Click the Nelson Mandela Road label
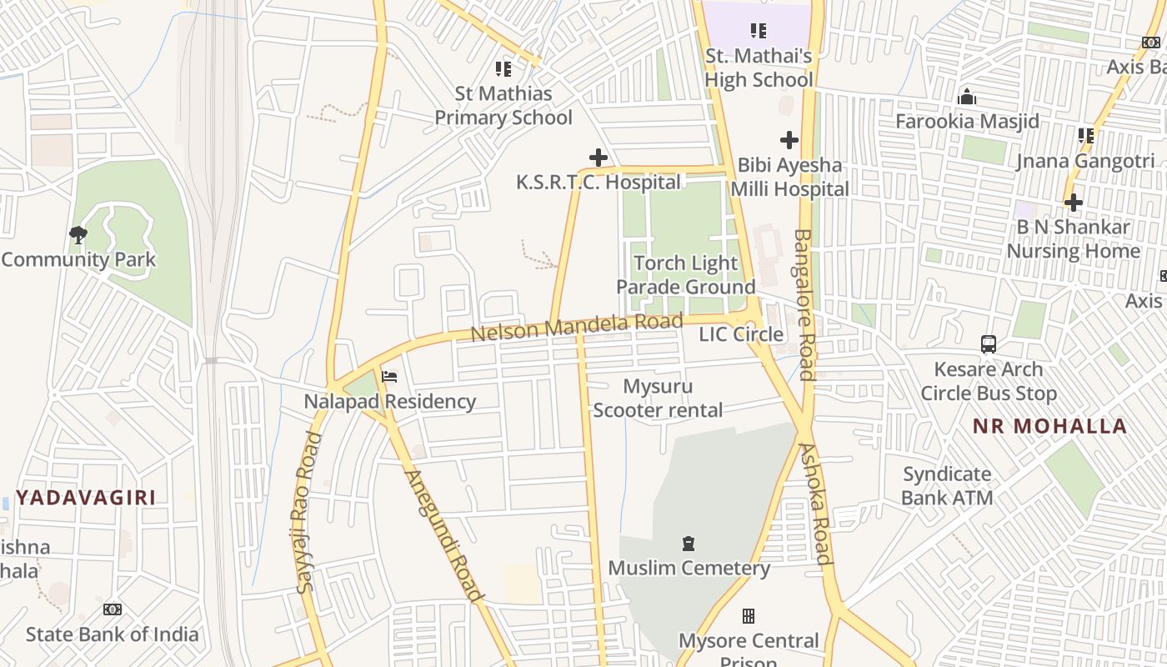(577, 327)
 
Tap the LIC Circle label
(741, 334)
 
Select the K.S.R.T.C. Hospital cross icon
(598, 157)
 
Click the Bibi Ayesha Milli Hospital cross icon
(789, 140)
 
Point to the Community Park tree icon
(78, 235)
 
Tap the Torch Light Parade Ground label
(686, 275)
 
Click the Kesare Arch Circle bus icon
(988, 344)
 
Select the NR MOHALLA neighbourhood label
(1049, 426)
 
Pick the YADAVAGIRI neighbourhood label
(86, 498)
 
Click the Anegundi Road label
(443, 536)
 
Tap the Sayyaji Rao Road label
(308, 512)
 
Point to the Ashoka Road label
(816, 504)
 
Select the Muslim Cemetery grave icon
(689, 544)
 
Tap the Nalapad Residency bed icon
(389, 376)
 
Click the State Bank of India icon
(113, 609)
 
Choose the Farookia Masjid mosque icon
(967, 98)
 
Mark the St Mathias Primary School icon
(503, 68)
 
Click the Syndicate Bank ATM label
(947, 486)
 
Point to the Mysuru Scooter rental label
(658, 399)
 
